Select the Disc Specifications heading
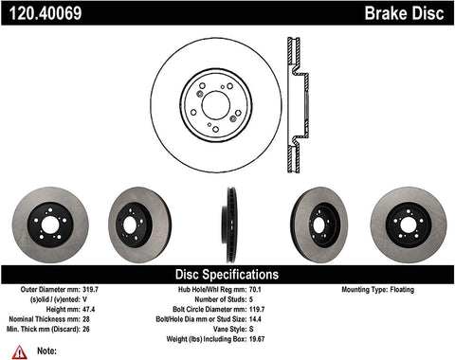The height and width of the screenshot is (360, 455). pos(227,274)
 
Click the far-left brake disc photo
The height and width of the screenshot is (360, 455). pos(51,226)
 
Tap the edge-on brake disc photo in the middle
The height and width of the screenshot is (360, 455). pos(228,226)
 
